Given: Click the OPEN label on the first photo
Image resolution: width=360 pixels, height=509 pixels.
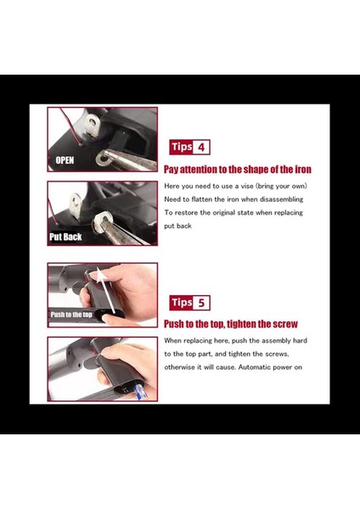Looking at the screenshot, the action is pos(65,160).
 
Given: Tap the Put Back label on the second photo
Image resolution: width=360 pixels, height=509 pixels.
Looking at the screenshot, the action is pos(65,237).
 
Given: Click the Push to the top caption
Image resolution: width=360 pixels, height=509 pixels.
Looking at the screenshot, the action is pos(71,315).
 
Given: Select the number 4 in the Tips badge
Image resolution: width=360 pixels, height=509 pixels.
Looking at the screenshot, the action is pos(201,148).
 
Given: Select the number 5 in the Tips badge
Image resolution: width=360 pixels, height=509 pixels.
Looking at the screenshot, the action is pos(201,303).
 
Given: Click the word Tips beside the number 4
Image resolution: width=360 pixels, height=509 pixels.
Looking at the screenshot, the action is pos(182,147).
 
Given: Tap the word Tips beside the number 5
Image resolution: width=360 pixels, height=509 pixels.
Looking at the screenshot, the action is pos(182,303).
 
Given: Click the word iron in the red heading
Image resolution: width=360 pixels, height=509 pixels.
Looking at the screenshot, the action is pos(303,169).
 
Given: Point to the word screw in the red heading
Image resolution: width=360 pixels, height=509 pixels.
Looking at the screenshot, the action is pos(285,324).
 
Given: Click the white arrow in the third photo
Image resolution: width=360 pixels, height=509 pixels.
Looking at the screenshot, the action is pos(108,290).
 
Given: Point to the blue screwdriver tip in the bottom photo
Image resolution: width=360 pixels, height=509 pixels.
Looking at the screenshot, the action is pos(141,391).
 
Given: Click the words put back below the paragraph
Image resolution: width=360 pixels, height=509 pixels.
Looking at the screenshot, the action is pos(177,226).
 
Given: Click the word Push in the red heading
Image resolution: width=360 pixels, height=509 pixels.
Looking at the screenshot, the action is pos(173,324).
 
